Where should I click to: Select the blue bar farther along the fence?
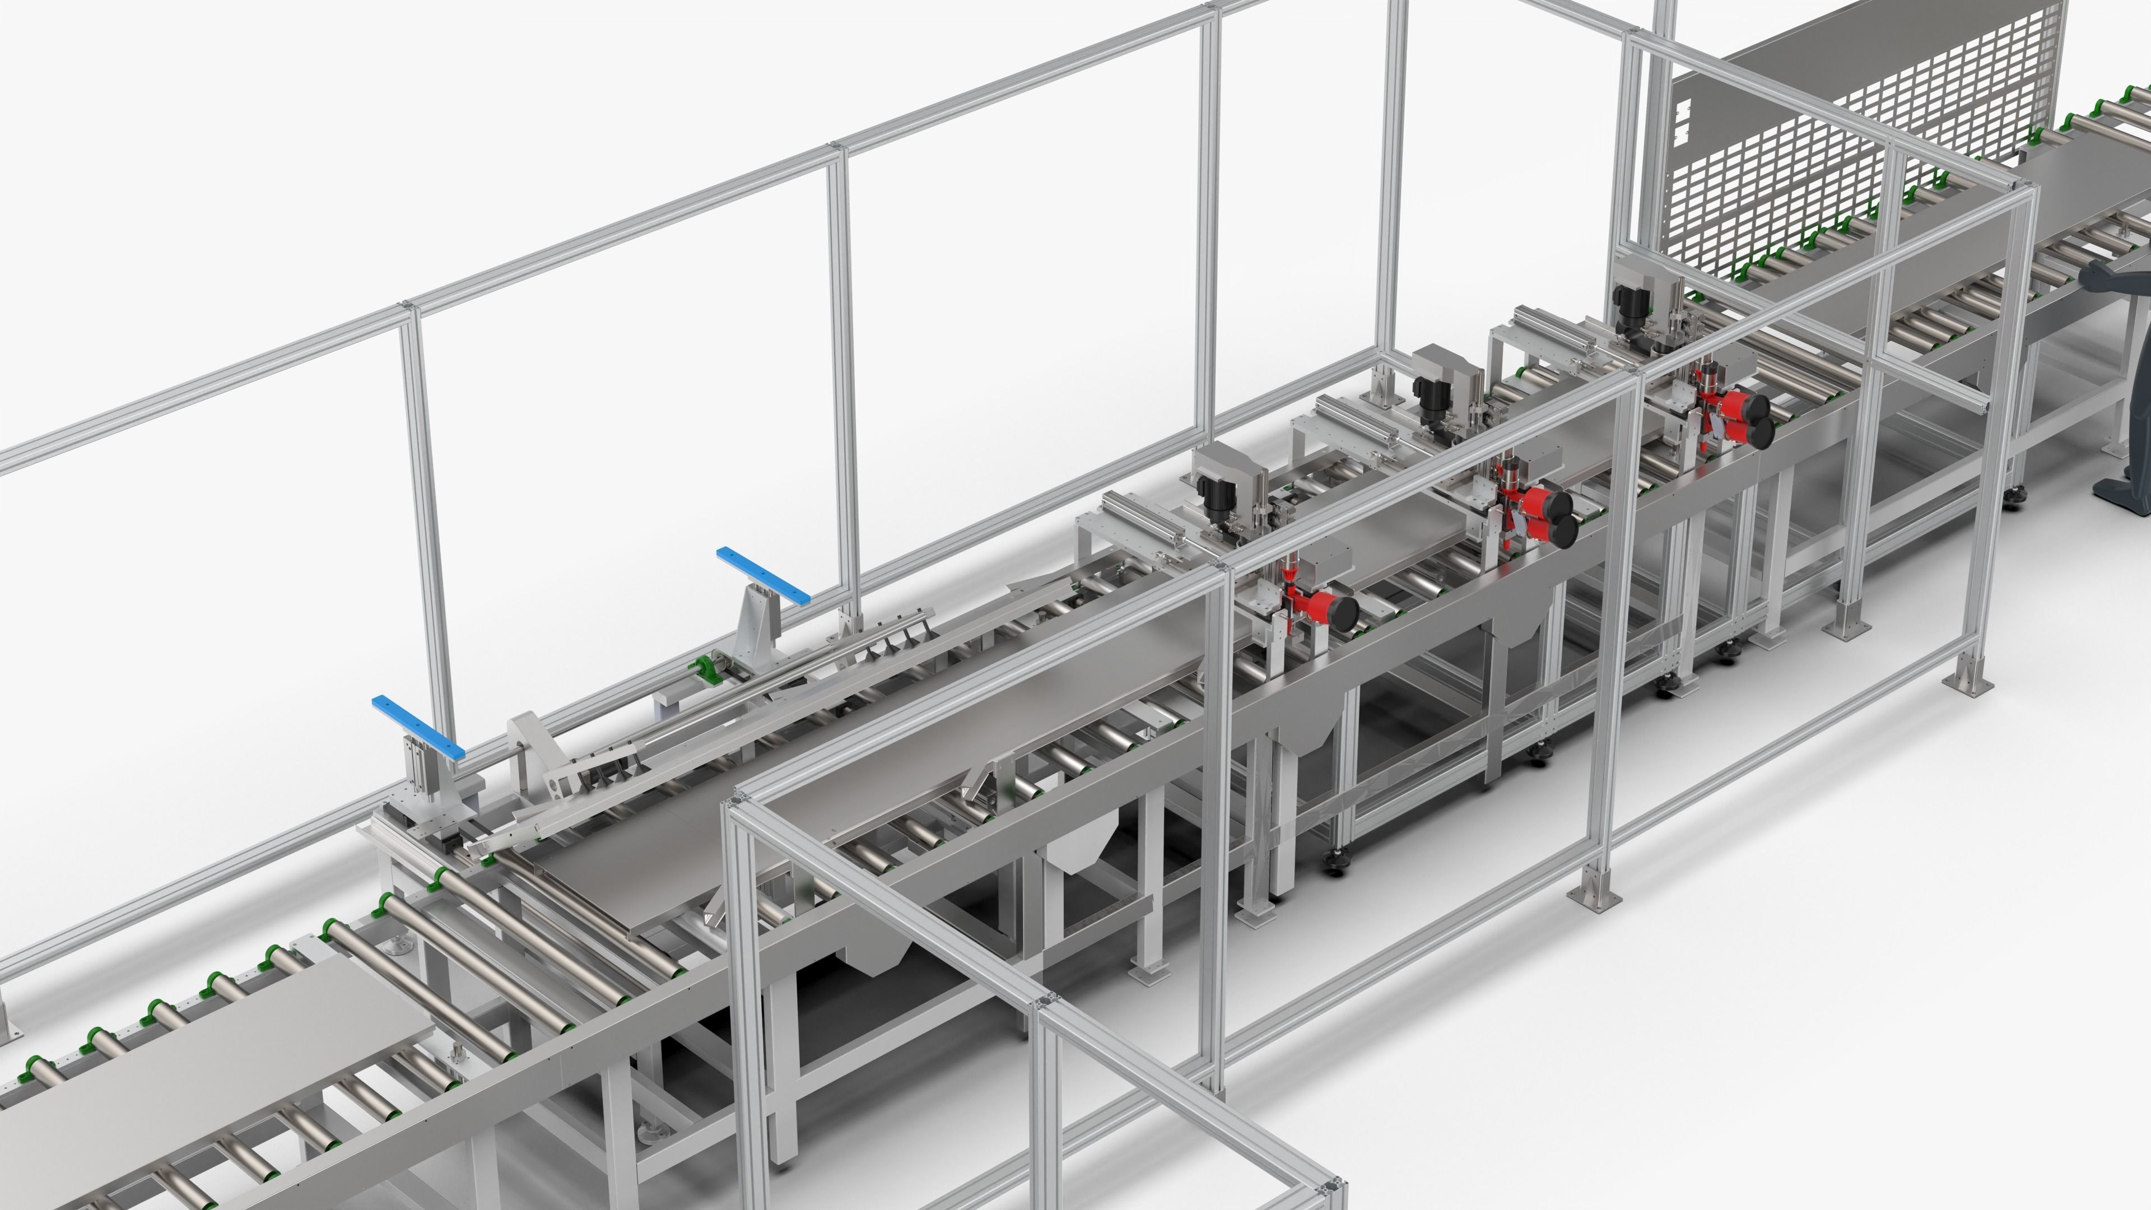pos(762,575)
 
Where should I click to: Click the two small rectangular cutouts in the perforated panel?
pos(1683,118)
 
